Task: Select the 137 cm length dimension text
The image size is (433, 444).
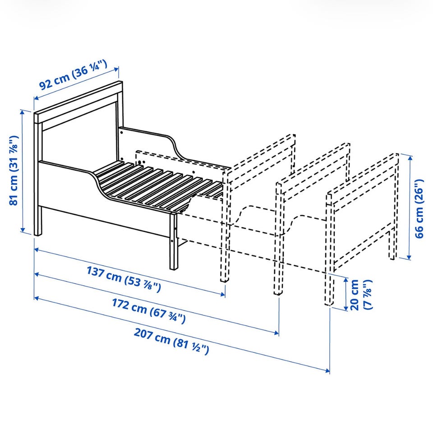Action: click(124, 279)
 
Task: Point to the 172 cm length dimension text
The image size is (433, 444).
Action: click(149, 310)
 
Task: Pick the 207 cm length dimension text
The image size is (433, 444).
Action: click(171, 341)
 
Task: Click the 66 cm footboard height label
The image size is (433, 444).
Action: click(419, 208)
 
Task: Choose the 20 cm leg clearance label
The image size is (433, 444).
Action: click(361, 295)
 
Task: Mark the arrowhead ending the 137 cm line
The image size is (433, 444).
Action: click(223, 294)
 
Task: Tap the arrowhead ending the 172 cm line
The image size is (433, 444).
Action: click(276, 333)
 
